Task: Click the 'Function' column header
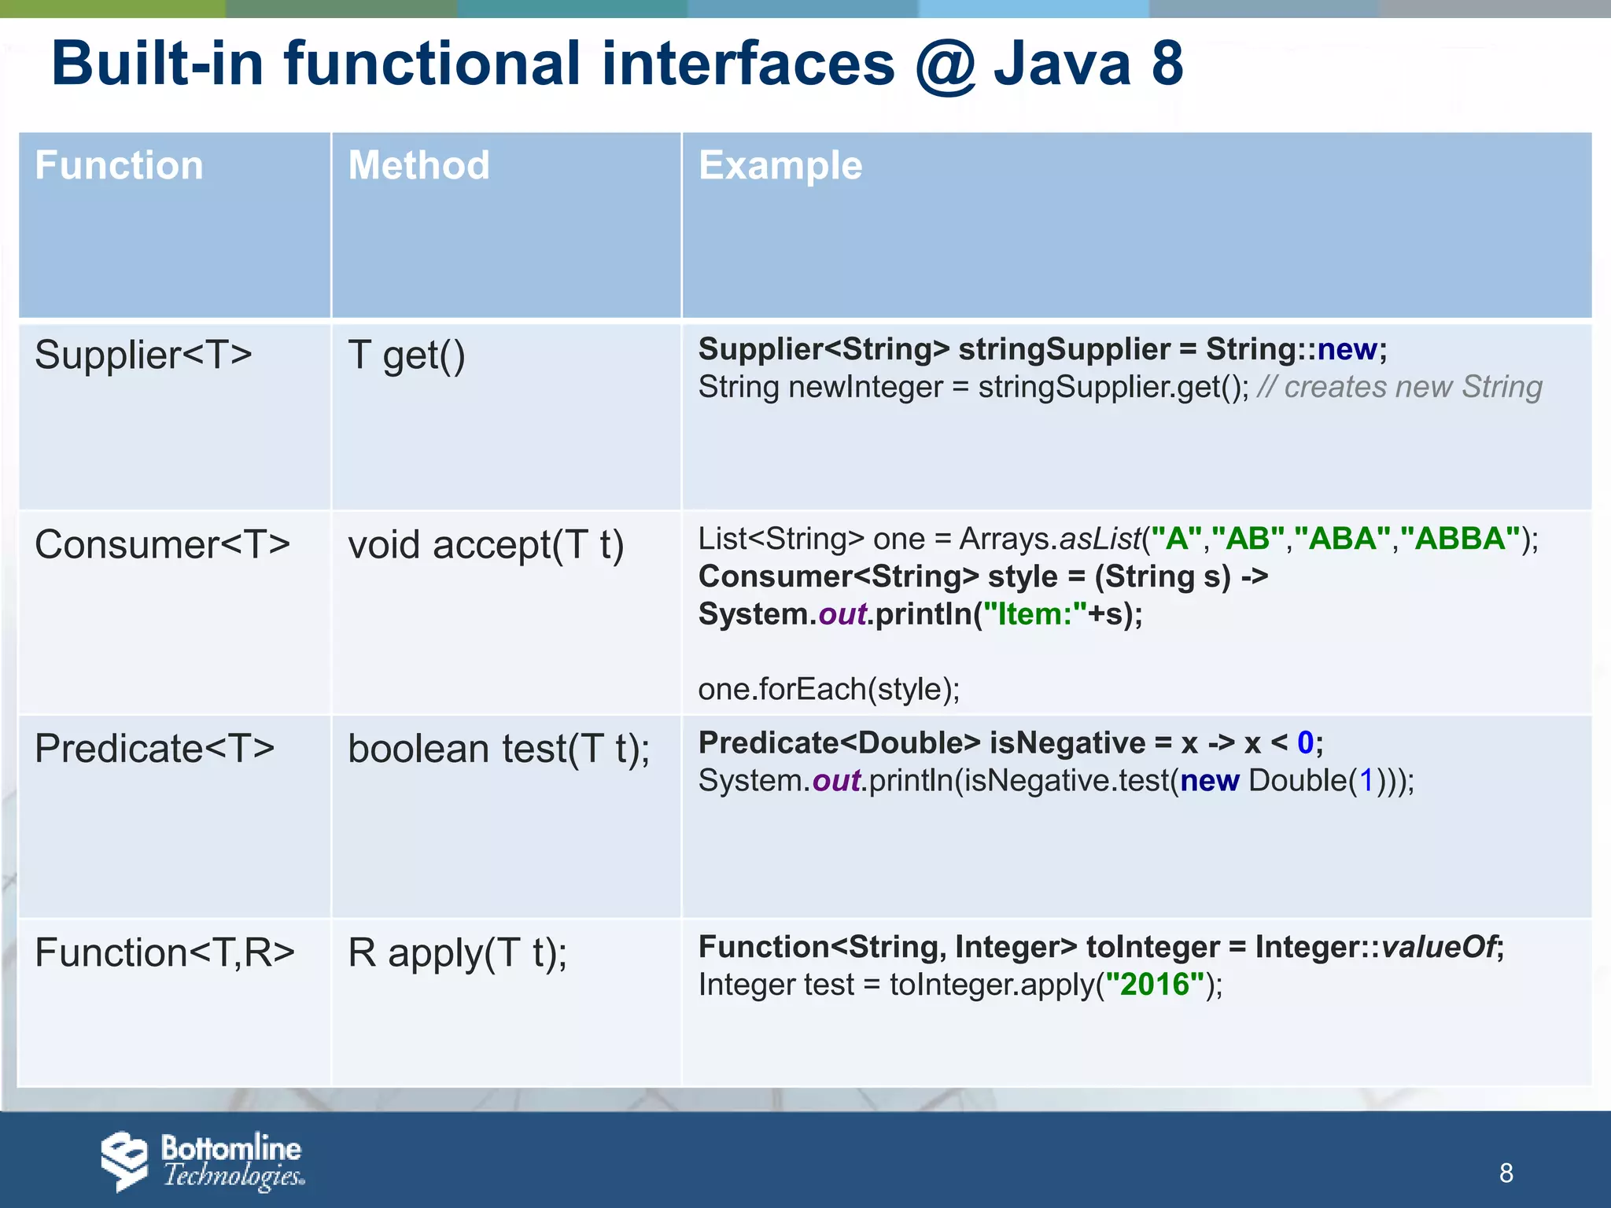(x=119, y=166)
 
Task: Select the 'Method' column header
(x=418, y=166)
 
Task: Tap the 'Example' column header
(x=780, y=166)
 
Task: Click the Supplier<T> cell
(x=143, y=355)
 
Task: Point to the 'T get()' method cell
(x=407, y=355)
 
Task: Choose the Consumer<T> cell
(x=162, y=544)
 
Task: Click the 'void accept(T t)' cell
(x=485, y=545)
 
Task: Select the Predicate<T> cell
(x=155, y=748)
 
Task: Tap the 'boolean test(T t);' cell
(x=499, y=749)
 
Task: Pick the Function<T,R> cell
(x=164, y=952)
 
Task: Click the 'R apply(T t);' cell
(x=457, y=953)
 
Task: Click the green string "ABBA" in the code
(x=1460, y=540)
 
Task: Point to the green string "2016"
(x=1155, y=985)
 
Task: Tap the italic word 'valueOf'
(x=1439, y=947)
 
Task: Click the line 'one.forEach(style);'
(x=828, y=690)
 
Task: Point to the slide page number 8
(x=1506, y=1173)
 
